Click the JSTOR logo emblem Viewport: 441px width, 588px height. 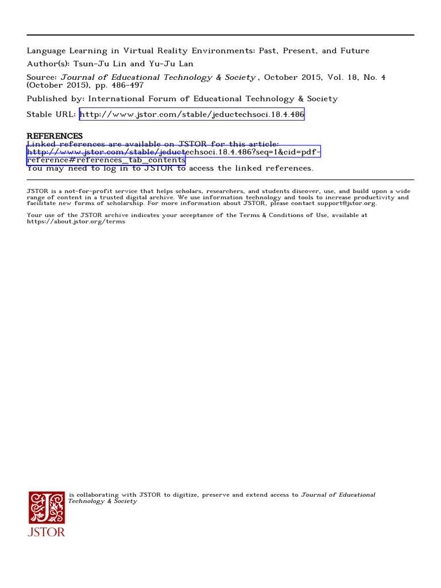(x=47, y=508)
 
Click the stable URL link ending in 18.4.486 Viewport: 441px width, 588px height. (x=192, y=114)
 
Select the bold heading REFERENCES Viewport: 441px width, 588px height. (x=55, y=136)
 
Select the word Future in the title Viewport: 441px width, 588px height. (x=355, y=51)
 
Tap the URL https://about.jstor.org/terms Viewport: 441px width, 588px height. (x=76, y=222)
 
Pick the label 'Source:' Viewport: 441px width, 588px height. (x=42, y=77)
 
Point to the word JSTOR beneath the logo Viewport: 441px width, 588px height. (x=47, y=532)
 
